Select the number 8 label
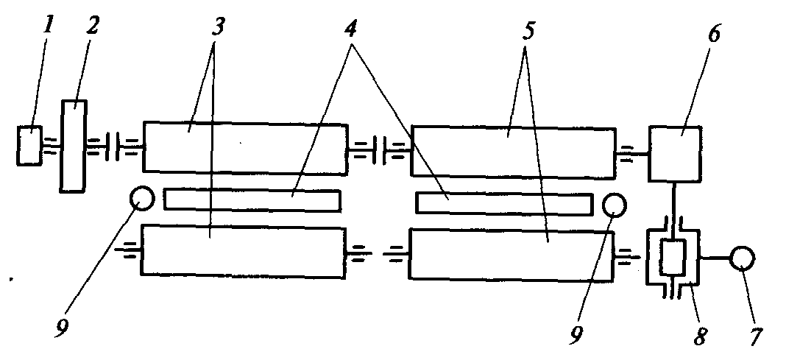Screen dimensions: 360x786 699,337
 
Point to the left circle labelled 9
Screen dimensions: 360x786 141,197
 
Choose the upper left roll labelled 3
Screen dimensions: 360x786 244,149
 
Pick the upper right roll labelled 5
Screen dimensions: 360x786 513,152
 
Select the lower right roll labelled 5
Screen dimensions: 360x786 511,254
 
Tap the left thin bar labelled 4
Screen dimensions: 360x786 252,200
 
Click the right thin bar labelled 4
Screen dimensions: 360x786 504,203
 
